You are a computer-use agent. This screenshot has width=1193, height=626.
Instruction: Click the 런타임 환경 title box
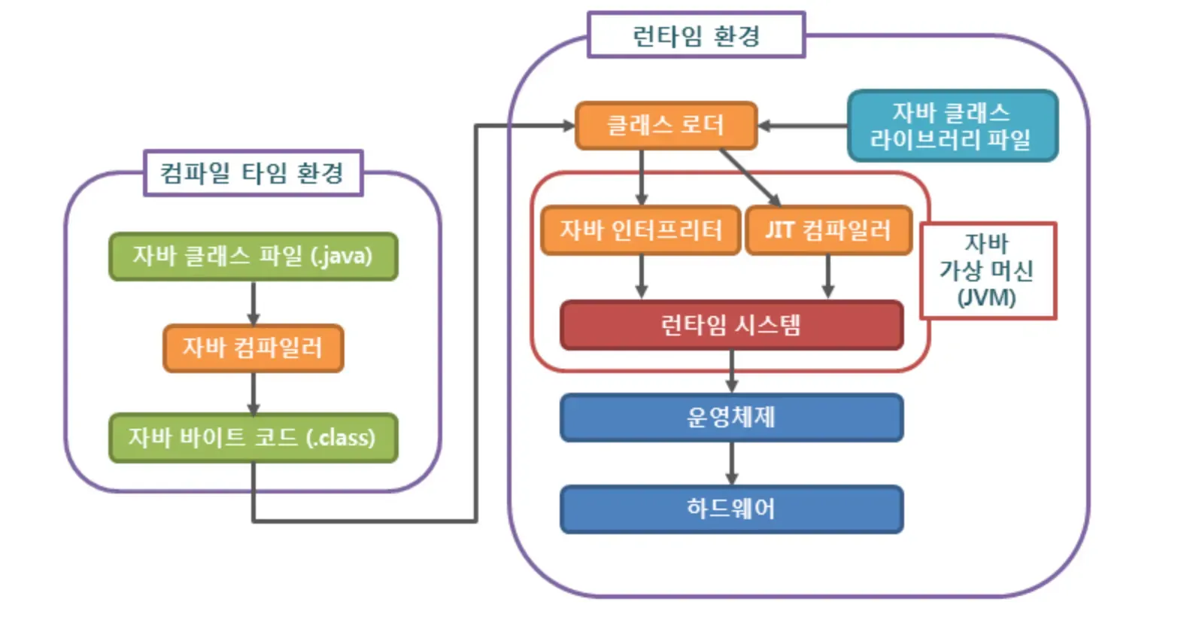click(696, 35)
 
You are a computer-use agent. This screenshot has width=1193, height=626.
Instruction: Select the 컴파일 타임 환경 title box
click(253, 173)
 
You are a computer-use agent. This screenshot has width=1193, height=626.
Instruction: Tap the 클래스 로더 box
click(666, 126)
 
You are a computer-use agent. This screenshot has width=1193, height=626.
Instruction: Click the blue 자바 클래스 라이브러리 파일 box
click(953, 126)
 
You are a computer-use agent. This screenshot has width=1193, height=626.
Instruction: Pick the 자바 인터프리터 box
click(641, 230)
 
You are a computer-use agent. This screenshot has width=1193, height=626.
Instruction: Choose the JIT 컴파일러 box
click(829, 230)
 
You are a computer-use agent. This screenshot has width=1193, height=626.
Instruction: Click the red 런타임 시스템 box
click(732, 325)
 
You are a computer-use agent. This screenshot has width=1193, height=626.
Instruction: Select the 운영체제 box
click(732, 418)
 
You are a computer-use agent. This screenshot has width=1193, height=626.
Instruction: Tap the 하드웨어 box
click(732, 509)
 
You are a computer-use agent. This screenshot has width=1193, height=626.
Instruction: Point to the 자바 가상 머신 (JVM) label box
click(988, 271)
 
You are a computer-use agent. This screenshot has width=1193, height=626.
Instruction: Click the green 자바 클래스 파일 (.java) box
click(253, 257)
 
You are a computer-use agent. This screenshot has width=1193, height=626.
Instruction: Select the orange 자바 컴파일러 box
click(253, 348)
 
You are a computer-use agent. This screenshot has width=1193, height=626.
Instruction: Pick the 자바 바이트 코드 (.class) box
click(253, 438)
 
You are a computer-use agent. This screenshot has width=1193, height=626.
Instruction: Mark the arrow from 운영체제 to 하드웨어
click(732, 463)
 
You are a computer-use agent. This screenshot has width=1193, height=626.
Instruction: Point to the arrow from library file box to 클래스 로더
click(803, 126)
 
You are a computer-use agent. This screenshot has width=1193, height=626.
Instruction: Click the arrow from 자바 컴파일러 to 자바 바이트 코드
click(253, 394)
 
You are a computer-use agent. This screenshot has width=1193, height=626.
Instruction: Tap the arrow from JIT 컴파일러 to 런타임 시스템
click(827, 277)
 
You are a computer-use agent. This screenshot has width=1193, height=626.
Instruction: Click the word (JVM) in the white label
click(987, 298)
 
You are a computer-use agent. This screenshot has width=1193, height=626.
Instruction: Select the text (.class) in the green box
click(341, 438)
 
